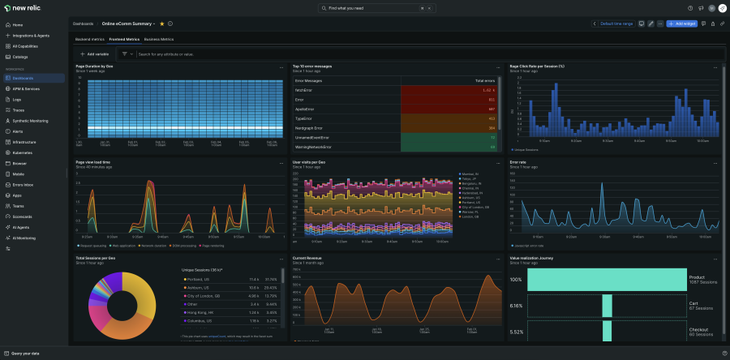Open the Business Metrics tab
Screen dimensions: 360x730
pos(159,39)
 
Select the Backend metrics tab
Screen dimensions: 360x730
pos(91,39)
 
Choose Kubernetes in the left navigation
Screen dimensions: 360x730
pos(22,152)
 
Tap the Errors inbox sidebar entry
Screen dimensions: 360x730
pos(24,185)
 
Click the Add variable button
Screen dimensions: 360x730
pos(95,54)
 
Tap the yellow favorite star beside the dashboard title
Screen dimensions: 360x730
pos(162,24)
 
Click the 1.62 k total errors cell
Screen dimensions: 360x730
pos(487,90)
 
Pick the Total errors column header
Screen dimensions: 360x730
pos(484,81)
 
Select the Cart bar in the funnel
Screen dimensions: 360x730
pos(607,306)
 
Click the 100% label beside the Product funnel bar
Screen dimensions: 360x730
pos(515,280)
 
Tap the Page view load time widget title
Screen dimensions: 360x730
pos(93,162)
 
